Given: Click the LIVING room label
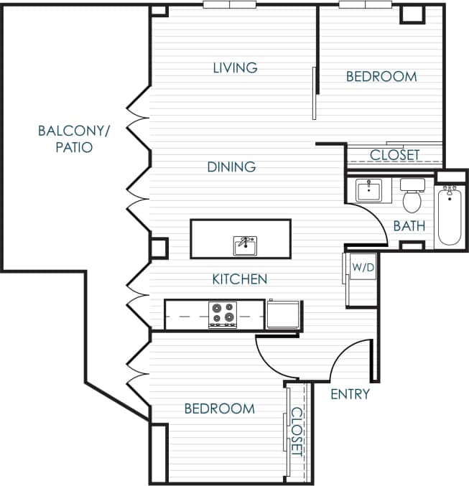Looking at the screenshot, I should [x=235, y=67].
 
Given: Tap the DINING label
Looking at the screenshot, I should [x=231, y=167].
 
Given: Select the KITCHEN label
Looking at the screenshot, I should [x=240, y=279].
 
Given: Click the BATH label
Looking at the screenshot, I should [x=409, y=225].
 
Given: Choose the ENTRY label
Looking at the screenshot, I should [x=350, y=393].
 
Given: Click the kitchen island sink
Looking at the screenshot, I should [x=246, y=245].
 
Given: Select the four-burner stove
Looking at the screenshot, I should [x=222, y=314].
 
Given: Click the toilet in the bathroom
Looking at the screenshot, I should [x=412, y=198].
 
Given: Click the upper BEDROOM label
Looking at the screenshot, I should [x=381, y=76].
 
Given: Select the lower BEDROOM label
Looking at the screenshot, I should [x=219, y=408].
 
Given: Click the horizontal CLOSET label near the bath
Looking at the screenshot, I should [x=394, y=155].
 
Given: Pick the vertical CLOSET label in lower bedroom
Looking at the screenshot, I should [x=297, y=431].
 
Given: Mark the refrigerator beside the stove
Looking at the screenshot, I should [x=284, y=314].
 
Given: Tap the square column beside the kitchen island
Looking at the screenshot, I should [x=158, y=248].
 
